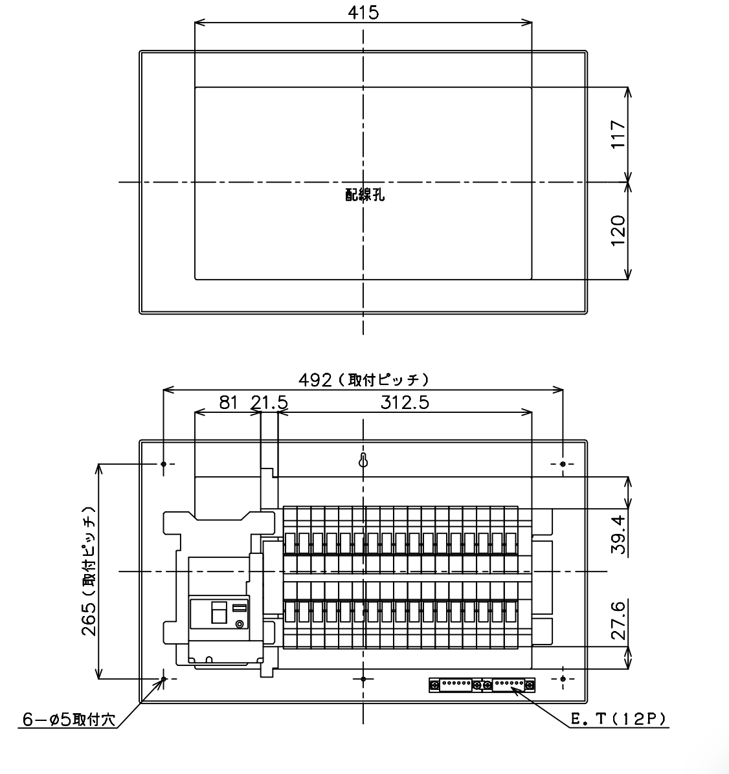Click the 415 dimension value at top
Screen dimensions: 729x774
(x=363, y=12)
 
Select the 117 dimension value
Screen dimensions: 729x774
(x=618, y=134)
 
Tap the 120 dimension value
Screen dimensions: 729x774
(x=618, y=230)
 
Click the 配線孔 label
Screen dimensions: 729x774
(x=365, y=195)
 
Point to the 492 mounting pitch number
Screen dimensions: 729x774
(x=315, y=380)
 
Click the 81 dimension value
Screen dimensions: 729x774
(x=229, y=403)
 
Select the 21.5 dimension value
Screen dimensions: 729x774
(x=269, y=403)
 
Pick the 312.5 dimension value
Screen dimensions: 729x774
(x=405, y=403)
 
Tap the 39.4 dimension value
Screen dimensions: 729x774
(x=618, y=534)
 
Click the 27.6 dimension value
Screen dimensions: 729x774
(x=618, y=620)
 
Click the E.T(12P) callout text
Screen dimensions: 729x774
(x=619, y=719)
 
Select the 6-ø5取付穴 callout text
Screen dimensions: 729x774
(x=69, y=720)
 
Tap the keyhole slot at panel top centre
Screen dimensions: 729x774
(x=363, y=460)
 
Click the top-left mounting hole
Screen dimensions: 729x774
(x=164, y=464)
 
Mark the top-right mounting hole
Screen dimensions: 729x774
(x=563, y=464)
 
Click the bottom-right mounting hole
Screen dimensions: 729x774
(x=563, y=680)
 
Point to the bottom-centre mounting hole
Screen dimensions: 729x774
(x=363, y=680)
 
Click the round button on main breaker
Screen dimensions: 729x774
(x=240, y=625)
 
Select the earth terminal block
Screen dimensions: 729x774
(x=482, y=685)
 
